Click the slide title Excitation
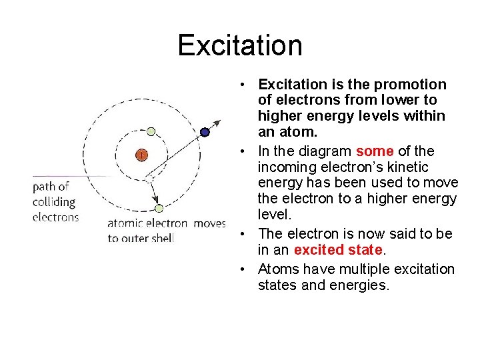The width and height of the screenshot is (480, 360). [x=240, y=45]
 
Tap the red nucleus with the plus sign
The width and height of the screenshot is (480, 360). [x=141, y=155]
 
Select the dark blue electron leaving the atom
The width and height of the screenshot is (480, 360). [x=205, y=132]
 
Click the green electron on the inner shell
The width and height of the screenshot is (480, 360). [x=151, y=131]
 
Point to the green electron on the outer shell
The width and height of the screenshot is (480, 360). [x=159, y=209]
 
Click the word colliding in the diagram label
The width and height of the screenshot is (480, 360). [x=54, y=202]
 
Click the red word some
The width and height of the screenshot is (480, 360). [x=375, y=151]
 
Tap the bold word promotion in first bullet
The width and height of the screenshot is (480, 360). [x=410, y=85]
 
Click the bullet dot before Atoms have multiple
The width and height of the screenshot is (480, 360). [x=245, y=269]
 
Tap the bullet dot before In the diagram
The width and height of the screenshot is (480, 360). [x=245, y=151]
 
